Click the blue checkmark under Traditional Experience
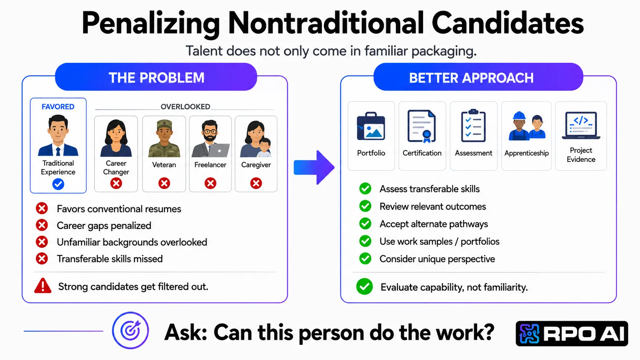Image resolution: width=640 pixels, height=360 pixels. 58,184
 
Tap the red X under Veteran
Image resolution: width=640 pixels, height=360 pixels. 164,183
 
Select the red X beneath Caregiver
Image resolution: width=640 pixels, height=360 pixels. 256,183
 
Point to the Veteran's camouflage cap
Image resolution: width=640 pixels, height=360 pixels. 164,125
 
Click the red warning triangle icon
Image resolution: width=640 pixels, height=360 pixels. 43,286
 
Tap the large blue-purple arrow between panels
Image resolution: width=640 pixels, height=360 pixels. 314,167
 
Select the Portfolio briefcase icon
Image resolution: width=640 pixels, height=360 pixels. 371,126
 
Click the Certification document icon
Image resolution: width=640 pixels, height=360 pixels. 422,126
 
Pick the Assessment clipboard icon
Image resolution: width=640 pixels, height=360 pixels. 473,125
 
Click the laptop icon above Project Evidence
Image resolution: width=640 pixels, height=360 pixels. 581,125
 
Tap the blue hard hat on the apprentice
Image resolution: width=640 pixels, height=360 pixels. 519,116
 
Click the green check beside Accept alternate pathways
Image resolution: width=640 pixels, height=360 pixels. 365,223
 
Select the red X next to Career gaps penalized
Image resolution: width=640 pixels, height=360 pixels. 42,225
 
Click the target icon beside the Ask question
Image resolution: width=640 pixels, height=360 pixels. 130,330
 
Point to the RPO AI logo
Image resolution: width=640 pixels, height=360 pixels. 572,334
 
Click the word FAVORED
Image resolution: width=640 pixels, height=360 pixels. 58,107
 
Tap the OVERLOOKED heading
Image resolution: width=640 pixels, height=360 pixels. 185,107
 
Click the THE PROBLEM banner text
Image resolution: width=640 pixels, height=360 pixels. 157,78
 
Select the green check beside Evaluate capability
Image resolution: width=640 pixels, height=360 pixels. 364,286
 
